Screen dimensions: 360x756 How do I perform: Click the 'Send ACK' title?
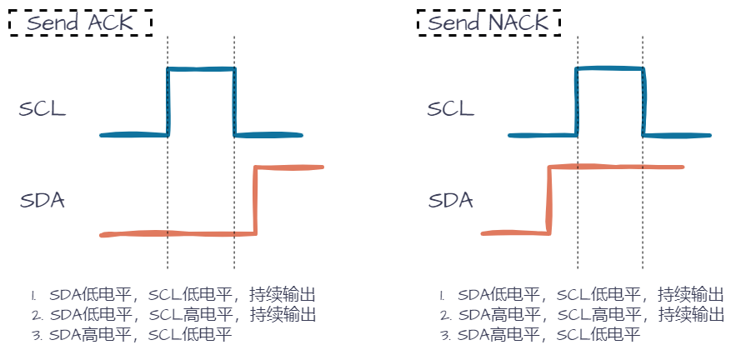(79, 22)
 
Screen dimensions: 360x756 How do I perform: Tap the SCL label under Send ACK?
(42, 109)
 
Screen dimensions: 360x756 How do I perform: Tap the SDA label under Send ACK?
(43, 201)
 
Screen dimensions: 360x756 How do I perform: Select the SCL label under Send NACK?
(451, 109)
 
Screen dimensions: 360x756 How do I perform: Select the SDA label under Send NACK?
(451, 201)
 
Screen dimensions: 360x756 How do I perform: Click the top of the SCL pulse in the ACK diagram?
(201, 69)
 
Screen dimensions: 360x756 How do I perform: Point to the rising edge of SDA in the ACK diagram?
(256, 201)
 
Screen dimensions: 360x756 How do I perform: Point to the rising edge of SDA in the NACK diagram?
(548, 199)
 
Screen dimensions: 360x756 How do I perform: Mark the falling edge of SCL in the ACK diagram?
(234, 102)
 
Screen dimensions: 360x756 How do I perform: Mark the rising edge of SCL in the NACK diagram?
(576, 102)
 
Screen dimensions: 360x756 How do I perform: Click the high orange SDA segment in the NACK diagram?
(617, 167)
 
